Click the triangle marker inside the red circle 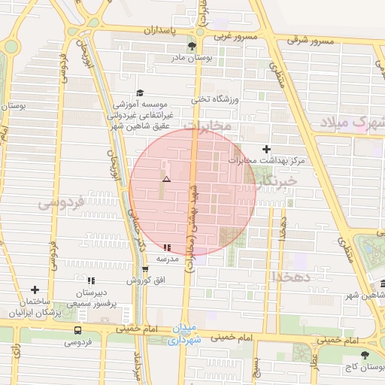tap(166, 180)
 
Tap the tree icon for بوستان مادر tap(192, 47)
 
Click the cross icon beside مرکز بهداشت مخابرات tap(266, 149)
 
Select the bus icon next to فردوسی tap(77, 330)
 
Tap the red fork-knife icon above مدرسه tap(166, 247)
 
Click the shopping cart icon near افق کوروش tap(145, 269)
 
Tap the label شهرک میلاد tap(352, 121)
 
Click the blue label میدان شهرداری tap(183, 335)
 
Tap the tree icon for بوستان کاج tap(365, 355)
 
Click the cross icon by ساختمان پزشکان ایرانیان tap(35, 290)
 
